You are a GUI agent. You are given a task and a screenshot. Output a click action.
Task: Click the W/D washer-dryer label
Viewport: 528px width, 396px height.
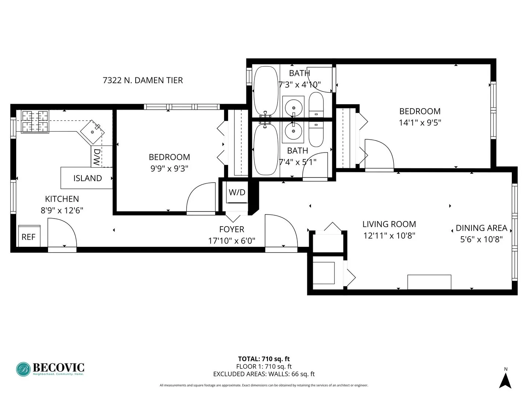click(237, 192)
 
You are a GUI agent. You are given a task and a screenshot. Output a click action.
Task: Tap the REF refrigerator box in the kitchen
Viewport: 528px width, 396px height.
click(29, 237)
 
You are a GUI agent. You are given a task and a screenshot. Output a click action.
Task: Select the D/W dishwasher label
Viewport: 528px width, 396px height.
click(96, 157)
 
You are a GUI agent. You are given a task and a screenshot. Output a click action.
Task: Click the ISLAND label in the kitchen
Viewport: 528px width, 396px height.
click(87, 178)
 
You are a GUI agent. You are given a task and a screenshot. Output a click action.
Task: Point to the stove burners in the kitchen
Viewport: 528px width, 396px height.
click(35, 121)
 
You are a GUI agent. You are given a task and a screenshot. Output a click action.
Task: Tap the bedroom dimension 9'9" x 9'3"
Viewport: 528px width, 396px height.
click(169, 169)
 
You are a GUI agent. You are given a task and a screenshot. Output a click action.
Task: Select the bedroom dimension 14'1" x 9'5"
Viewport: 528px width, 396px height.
click(420, 122)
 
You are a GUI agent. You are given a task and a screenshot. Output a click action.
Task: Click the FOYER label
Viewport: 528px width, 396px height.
click(232, 230)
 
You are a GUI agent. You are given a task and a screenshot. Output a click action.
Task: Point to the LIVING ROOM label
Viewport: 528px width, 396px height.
click(389, 224)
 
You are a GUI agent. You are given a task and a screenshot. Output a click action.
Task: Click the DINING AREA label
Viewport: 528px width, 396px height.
click(481, 228)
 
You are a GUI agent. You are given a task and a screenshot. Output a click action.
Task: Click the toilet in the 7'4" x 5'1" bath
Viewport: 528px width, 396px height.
click(316, 134)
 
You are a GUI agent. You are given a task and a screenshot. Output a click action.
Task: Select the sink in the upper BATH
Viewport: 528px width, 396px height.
click(293, 107)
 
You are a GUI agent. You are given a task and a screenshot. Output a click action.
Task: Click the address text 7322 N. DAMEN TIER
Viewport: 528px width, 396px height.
click(143, 80)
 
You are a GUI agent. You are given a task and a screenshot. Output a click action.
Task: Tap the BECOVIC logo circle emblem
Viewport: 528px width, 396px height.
click(23, 369)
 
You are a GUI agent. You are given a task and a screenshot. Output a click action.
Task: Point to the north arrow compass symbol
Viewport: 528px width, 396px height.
click(505, 380)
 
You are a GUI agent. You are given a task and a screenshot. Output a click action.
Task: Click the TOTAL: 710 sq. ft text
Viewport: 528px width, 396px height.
click(264, 359)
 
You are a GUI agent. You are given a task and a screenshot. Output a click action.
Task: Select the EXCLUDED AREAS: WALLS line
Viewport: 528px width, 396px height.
click(264, 374)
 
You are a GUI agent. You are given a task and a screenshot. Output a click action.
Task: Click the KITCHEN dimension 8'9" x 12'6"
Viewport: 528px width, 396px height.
click(62, 210)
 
